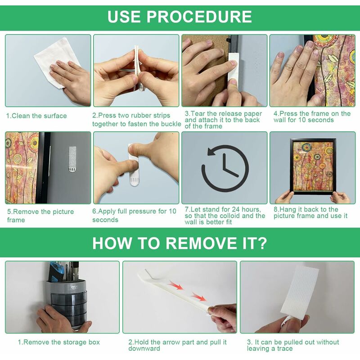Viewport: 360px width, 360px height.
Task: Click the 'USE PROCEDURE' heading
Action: pyautogui.click(x=180, y=17)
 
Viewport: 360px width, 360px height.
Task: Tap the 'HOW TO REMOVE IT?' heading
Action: pyautogui.click(x=180, y=243)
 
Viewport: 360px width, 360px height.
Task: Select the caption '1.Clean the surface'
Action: pyautogui.click(x=36, y=116)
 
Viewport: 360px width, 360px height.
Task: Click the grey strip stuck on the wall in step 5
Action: pyautogui.click(x=72, y=159)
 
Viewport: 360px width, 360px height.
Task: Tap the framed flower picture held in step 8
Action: pyautogui.click(x=313, y=166)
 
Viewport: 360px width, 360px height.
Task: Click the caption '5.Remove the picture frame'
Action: pyautogui.click(x=40, y=216)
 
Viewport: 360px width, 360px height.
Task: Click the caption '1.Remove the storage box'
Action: pyautogui.click(x=59, y=342)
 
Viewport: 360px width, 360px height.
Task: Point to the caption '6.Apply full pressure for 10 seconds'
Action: pyautogui.click(x=134, y=216)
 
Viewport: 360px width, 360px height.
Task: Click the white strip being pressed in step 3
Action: pyautogui.click(x=234, y=69)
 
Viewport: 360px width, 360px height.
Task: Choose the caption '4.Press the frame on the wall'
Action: pyautogui.click(x=312, y=117)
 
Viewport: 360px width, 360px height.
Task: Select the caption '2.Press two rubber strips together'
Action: pyautogui.click(x=137, y=120)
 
